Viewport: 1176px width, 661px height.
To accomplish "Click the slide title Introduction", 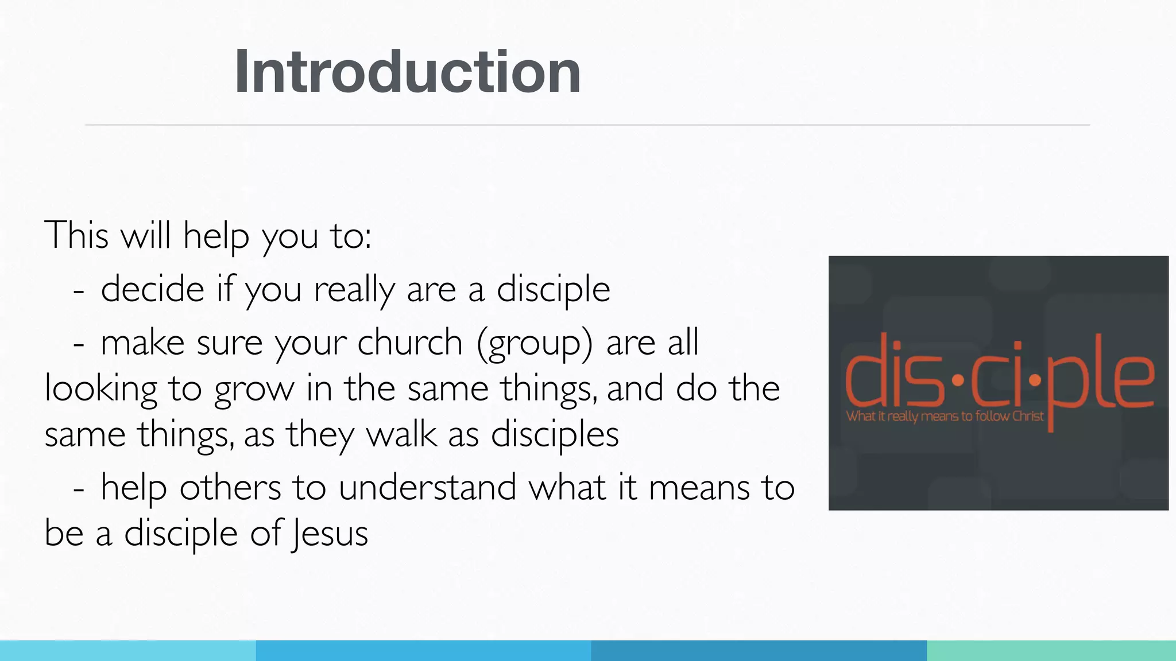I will [x=407, y=72].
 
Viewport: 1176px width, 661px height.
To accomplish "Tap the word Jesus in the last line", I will [x=329, y=534].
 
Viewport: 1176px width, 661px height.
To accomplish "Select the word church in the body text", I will [x=409, y=343].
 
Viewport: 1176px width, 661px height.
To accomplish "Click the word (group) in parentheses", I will [x=535, y=344].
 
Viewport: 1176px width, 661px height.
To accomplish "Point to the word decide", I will [x=152, y=289].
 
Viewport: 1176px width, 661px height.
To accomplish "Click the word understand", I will [x=427, y=488].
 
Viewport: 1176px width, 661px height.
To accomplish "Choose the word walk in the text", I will [x=401, y=434].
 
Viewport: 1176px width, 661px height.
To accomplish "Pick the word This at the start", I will [x=76, y=235].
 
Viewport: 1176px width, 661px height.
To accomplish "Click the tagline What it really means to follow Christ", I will [x=945, y=416].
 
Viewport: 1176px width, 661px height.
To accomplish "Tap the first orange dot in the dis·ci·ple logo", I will [x=957, y=380].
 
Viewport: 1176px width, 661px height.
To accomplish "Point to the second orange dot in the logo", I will [x=1035, y=380].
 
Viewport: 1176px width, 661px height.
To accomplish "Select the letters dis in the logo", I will [x=893, y=376].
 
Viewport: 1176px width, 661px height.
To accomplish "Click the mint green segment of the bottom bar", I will [x=1051, y=651].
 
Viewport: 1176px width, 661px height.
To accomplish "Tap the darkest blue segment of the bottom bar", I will [x=759, y=651].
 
